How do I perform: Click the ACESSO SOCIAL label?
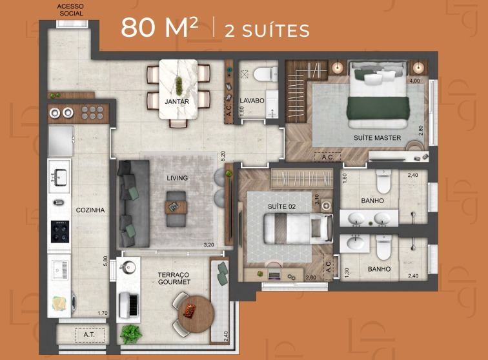71,10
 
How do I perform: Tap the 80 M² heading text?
159,27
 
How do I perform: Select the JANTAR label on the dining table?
177,101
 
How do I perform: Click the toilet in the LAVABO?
265,75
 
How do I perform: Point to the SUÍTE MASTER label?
377,137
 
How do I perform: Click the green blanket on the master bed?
378,108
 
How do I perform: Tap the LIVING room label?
177,178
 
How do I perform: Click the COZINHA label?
90,210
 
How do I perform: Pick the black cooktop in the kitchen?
60,232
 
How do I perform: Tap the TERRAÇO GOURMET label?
174,279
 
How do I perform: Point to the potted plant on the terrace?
131,334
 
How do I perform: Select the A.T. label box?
89,335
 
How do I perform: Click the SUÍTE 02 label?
281,206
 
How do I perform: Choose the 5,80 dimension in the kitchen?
105,261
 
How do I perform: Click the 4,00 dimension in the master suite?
414,81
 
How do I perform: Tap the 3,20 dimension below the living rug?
209,245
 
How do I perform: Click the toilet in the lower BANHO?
383,247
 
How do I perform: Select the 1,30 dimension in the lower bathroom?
347,273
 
